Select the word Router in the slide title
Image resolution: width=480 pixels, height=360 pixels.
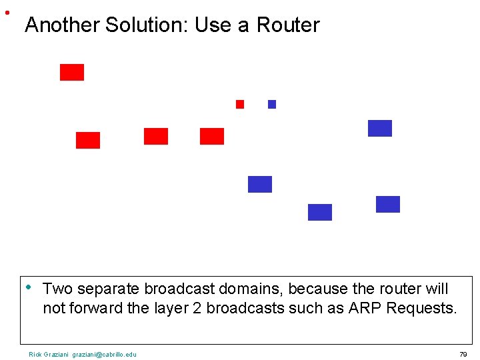[288, 25]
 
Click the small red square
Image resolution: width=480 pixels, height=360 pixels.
[240, 104]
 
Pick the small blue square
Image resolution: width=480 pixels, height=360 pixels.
[272, 104]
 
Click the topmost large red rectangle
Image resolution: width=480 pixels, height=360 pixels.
[72, 72]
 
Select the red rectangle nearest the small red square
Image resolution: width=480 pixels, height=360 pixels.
[212, 136]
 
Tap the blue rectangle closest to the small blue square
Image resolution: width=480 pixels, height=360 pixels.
[260, 184]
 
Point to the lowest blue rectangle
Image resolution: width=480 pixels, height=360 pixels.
[320, 212]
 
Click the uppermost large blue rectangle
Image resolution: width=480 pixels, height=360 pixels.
[380, 128]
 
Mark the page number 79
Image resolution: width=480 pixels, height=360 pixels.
[463, 354]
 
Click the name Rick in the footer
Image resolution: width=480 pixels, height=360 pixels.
[35, 354]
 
